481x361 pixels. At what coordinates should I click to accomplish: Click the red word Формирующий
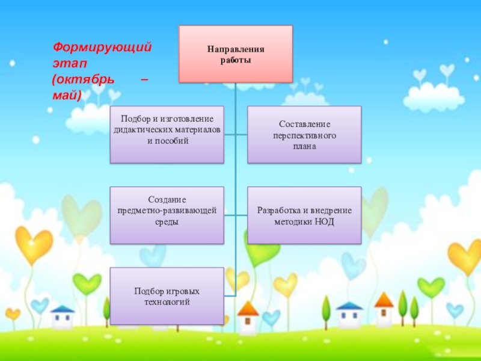pos(102,47)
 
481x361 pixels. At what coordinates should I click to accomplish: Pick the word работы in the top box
pos(236,60)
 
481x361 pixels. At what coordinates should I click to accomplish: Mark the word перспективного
pos(304,136)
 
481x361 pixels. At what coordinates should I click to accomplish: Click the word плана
pos(304,147)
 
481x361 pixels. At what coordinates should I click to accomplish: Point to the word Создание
pos(167,199)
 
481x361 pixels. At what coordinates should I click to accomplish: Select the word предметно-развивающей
pos(167,210)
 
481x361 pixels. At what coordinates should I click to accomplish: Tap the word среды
pos(167,221)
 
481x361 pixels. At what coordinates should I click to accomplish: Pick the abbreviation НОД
pos(324,221)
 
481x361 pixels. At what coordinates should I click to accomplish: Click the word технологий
pos(167,302)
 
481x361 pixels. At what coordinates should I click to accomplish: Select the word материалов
pos(194,130)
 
